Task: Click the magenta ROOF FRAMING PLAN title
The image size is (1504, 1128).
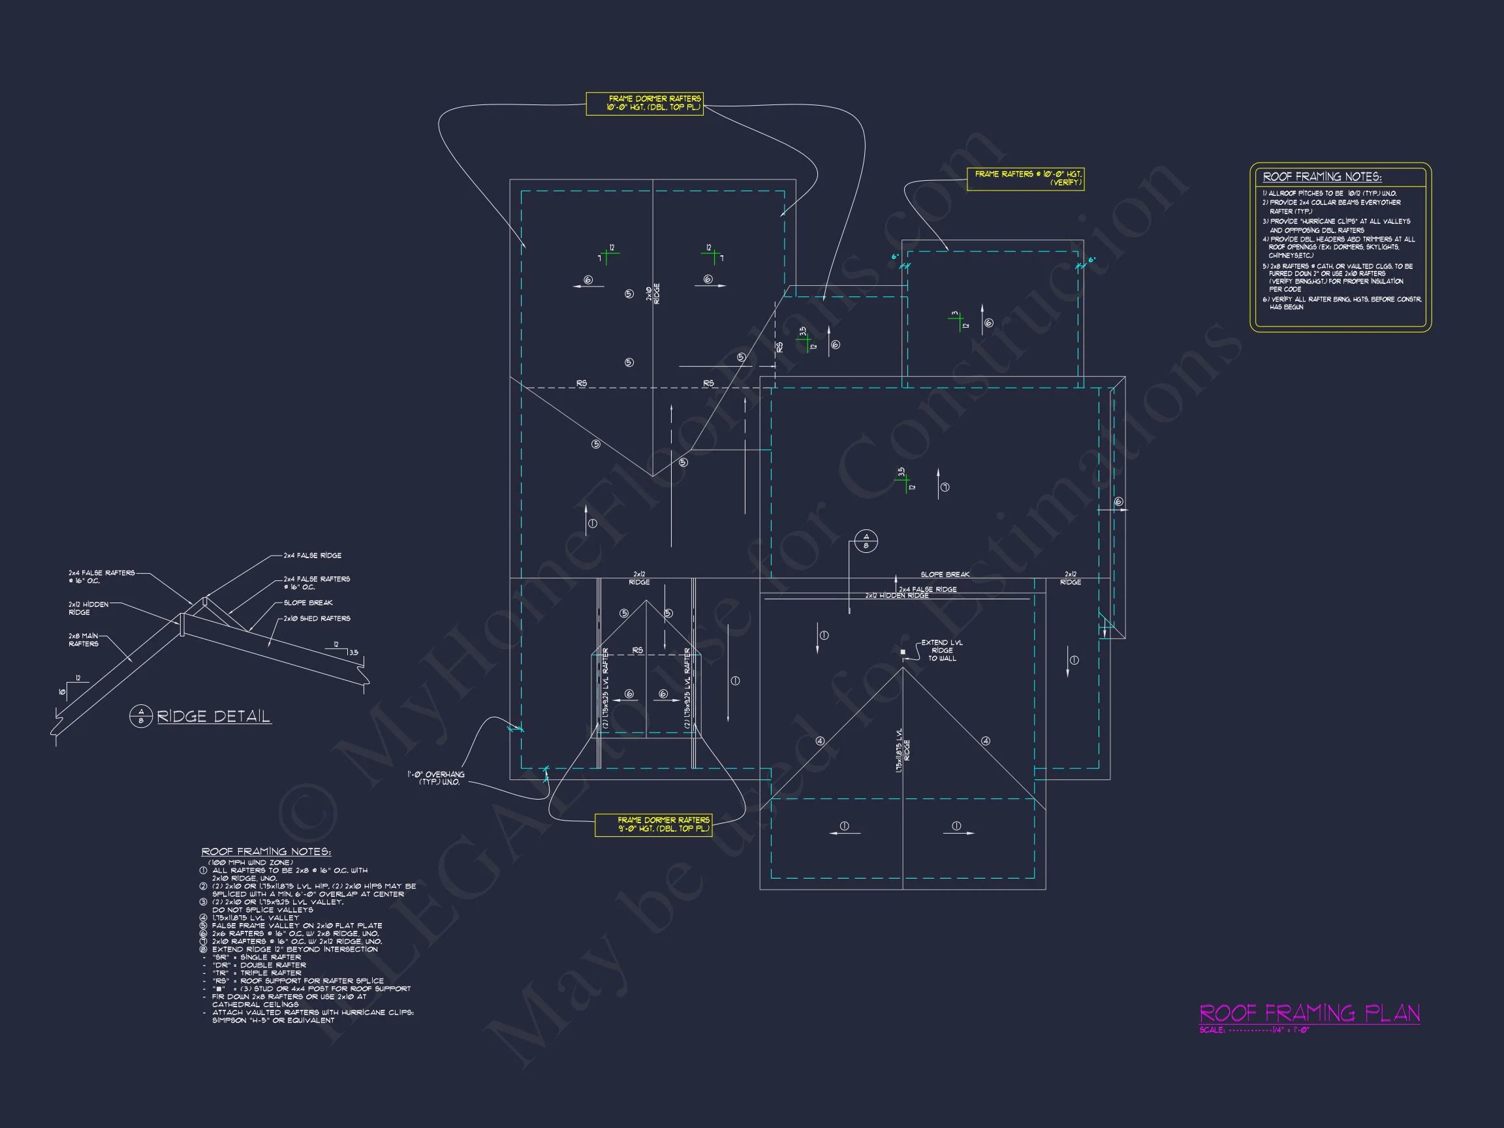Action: pyautogui.click(x=1309, y=1013)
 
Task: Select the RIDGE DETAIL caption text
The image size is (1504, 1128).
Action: pyautogui.click(x=213, y=717)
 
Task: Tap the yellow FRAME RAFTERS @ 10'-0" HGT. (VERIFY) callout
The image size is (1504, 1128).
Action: pyautogui.click(x=1026, y=178)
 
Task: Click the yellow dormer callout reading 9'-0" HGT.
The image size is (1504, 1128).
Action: pyautogui.click(x=653, y=824)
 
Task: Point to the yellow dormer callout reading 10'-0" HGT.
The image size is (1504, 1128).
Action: pyautogui.click(x=644, y=103)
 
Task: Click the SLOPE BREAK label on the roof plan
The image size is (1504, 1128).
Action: pyautogui.click(x=945, y=574)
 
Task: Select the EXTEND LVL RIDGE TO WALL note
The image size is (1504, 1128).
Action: pyautogui.click(x=942, y=651)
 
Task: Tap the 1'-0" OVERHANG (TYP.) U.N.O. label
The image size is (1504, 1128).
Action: pyautogui.click(x=436, y=778)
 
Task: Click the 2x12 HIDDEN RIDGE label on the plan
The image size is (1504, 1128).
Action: pyautogui.click(x=897, y=595)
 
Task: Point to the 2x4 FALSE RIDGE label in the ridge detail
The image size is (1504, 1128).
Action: pyautogui.click(x=312, y=556)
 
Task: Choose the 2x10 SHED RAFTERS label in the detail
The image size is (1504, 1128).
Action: pyautogui.click(x=317, y=619)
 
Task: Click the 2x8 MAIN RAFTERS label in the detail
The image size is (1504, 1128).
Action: pyautogui.click(x=84, y=640)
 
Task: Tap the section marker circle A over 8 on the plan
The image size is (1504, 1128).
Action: pyautogui.click(x=866, y=541)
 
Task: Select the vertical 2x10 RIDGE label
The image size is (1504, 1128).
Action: pyautogui.click(x=653, y=294)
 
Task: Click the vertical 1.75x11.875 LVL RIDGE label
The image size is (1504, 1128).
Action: pyautogui.click(x=902, y=751)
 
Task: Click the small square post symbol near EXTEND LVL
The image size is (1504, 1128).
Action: pyautogui.click(x=903, y=651)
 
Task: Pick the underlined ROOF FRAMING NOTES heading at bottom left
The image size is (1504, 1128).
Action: pyautogui.click(x=266, y=852)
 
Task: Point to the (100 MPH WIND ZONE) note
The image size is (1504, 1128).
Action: pyautogui.click(x=250, y=862)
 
